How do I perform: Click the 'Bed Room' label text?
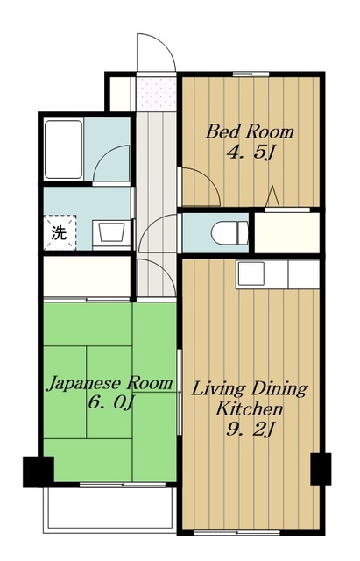pyautogui.click(x=250, y=131)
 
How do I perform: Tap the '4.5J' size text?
pyautogui.click(x=251, y=153)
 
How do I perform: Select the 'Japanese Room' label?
pyautogui.click(x=110, y=383)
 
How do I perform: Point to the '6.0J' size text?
pyautogui.click(x=110, y=403)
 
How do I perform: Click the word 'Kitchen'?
pyautogui.click(x=249, y=409)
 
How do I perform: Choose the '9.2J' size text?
pyautogui.click(x=250, y=429)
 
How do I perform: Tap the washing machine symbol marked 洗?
pyautogui.click(x=60, y=232)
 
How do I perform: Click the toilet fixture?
pyautogui.click(x=229, y=233)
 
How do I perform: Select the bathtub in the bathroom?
pyautogui.click(x=64, y=150)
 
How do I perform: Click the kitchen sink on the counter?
pyautogui.click(x=251, y=273)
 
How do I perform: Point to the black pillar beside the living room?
pyautogui.click(x=321, y=469)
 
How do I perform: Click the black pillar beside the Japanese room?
pyautogui.click(x=39, y=472)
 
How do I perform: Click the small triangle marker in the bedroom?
pyautogui.click(x=272, y=196)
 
